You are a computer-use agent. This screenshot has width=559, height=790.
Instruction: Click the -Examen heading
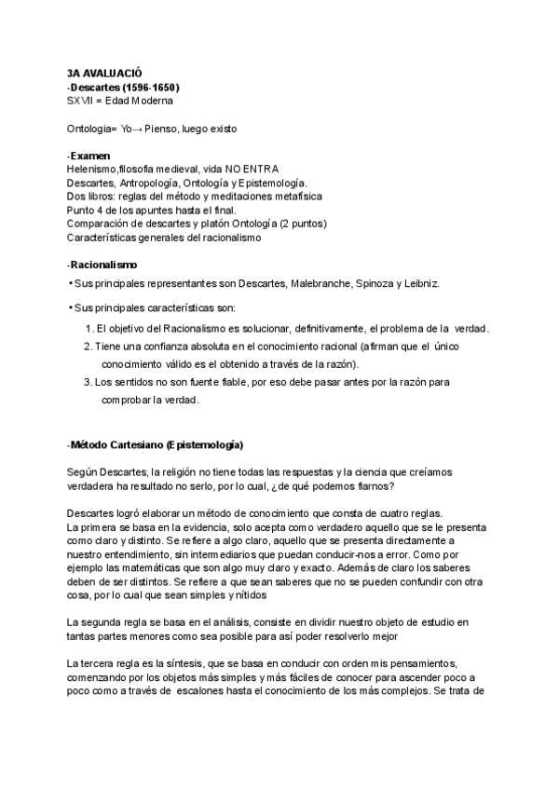(x=89, y=155)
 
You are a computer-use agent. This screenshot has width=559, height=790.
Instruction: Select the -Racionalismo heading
(x=102, y=265)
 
